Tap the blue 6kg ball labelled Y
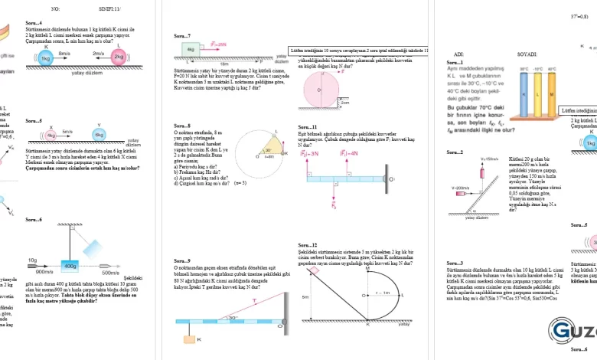(99, 135)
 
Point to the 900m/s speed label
(44, 271)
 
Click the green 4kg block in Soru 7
(191, 49)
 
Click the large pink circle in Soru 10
(323, 90)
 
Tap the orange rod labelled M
(550, 96)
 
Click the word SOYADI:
(527, 54)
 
